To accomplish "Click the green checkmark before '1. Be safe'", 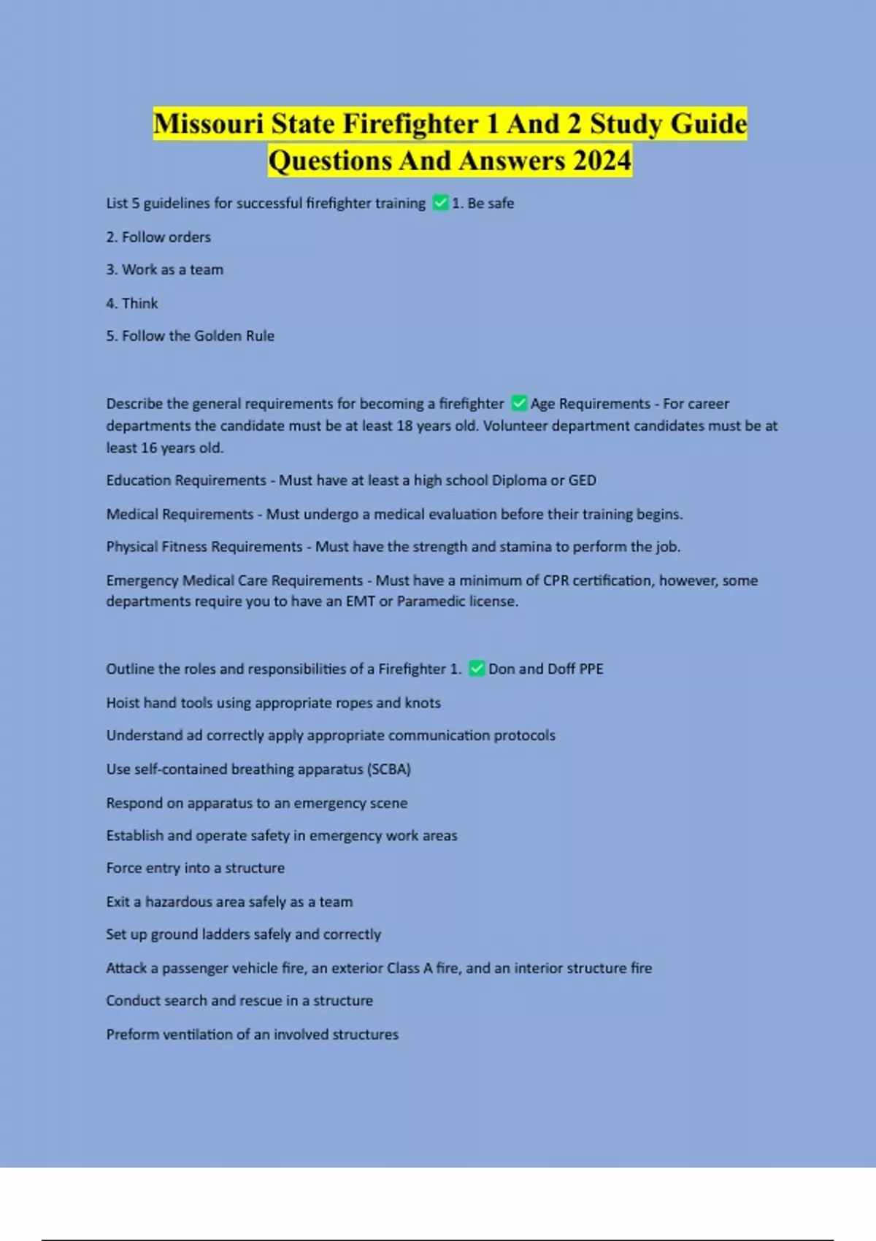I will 440,203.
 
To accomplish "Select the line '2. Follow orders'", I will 158,237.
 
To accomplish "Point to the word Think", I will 140,303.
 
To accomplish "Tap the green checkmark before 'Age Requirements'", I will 519,403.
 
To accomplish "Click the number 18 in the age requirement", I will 404,426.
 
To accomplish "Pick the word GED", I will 583,480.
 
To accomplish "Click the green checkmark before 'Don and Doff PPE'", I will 477,669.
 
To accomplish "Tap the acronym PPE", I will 591,669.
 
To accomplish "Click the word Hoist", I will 123,702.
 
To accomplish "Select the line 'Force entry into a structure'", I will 196,868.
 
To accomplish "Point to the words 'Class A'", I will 410,968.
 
